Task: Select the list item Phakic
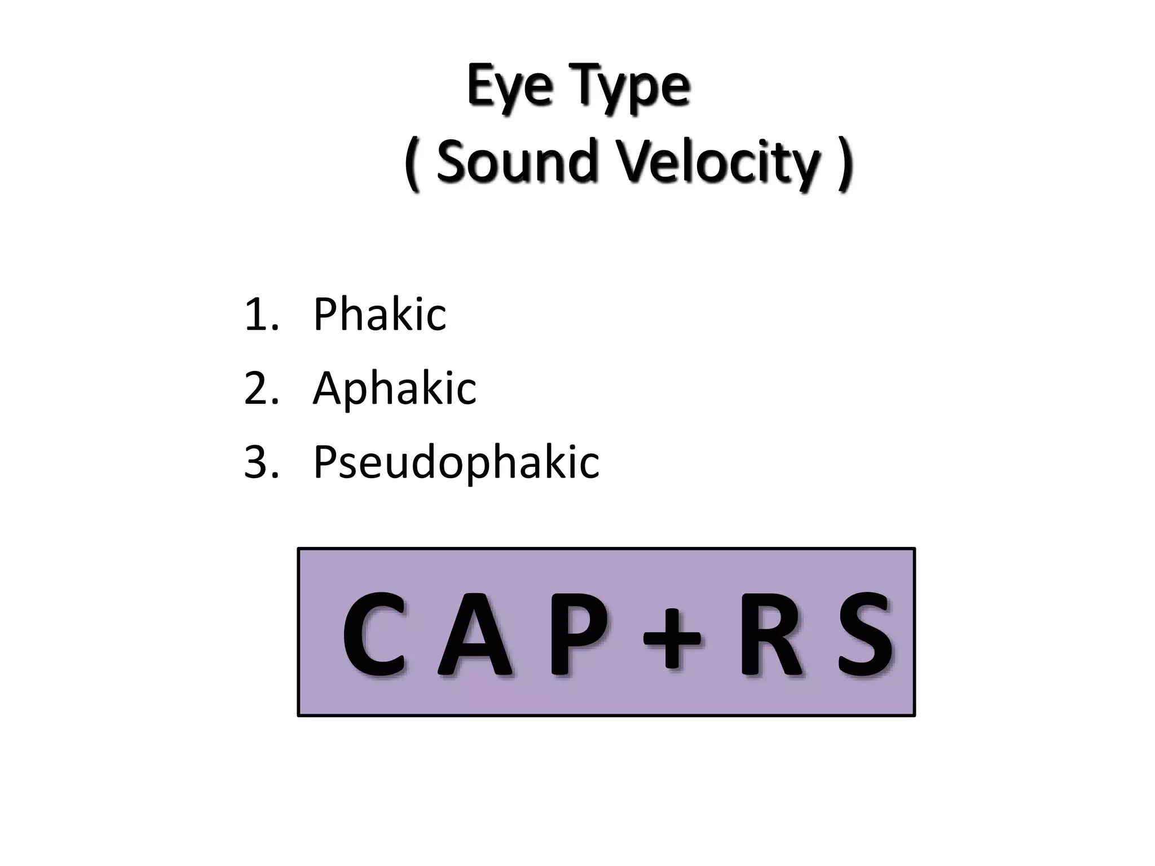(379, 314)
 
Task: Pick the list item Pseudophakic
(456, 462)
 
